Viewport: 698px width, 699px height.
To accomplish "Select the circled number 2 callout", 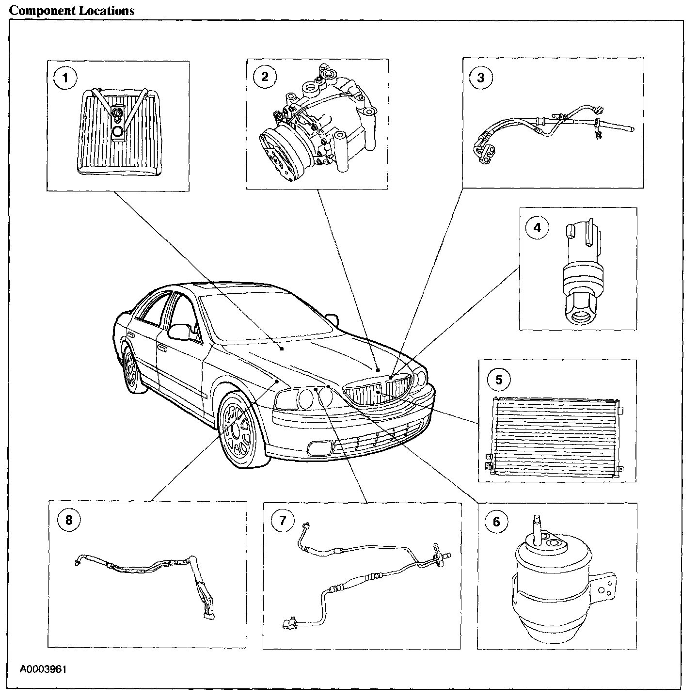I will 264,77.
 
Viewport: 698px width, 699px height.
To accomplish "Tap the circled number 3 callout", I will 480,78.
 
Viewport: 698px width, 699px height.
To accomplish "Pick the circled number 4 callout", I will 537,226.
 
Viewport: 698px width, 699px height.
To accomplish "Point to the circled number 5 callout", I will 499,380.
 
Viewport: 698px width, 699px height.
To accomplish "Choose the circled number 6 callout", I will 496,522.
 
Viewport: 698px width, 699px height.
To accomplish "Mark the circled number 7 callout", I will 283,521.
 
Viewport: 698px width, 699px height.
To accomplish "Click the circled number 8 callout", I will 68,520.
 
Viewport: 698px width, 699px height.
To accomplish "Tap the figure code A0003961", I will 43,669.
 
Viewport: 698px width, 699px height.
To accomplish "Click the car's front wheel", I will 239,429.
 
